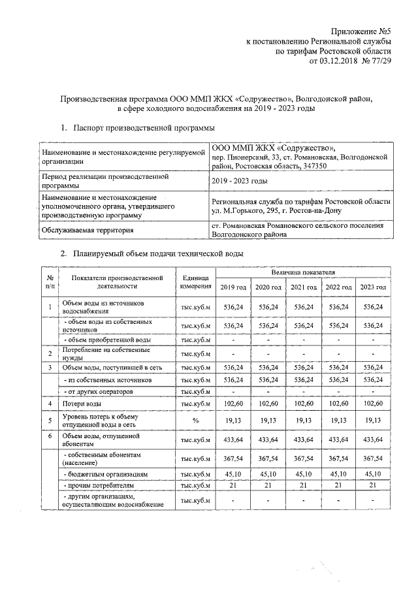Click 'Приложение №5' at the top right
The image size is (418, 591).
click(x=361, y=31)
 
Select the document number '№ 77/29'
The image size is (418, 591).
click(x=374, y=62)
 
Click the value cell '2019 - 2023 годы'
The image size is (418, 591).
click(x=239, y=181)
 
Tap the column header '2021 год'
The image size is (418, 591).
click(x=304, y=287)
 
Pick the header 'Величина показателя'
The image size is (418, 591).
click(x=304, y=271)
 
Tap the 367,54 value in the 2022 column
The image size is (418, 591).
click(x=338, y=458)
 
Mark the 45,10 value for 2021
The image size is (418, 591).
click(x=304, y=474)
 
